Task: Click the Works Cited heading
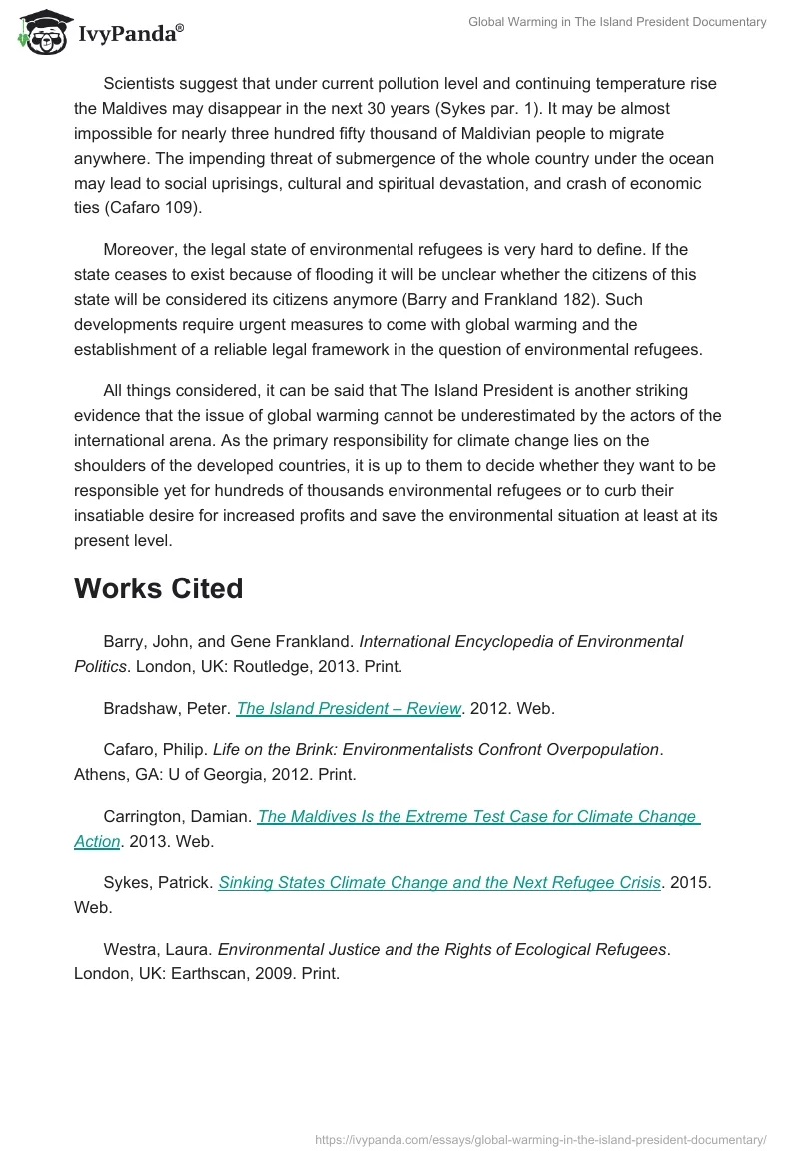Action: (x=158, y=588)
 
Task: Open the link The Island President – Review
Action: (x=349, y=708)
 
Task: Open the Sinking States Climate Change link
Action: (x=439, y=882)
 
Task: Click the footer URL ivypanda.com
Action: (x=540, y=1138)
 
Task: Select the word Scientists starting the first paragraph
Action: (x=142, y=83)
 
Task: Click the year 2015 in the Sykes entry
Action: (x=688, y=882)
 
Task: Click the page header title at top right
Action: (x=617, y=22)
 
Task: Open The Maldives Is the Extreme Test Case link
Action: (x=477, y=816)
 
